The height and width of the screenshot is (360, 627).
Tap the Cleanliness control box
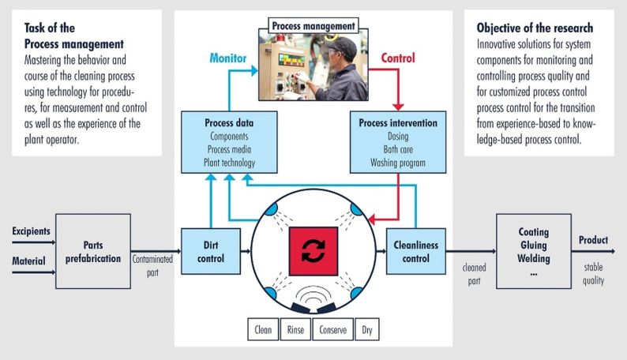417,251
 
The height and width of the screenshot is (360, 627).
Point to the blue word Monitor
228,58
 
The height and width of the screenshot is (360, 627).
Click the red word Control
398,58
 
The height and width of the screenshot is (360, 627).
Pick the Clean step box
263,329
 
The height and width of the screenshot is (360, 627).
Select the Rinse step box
295,329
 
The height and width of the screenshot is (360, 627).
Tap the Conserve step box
332,329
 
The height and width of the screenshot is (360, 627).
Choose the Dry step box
367,329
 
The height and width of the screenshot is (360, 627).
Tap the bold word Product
594,240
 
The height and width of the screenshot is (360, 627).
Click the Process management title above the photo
313,25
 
